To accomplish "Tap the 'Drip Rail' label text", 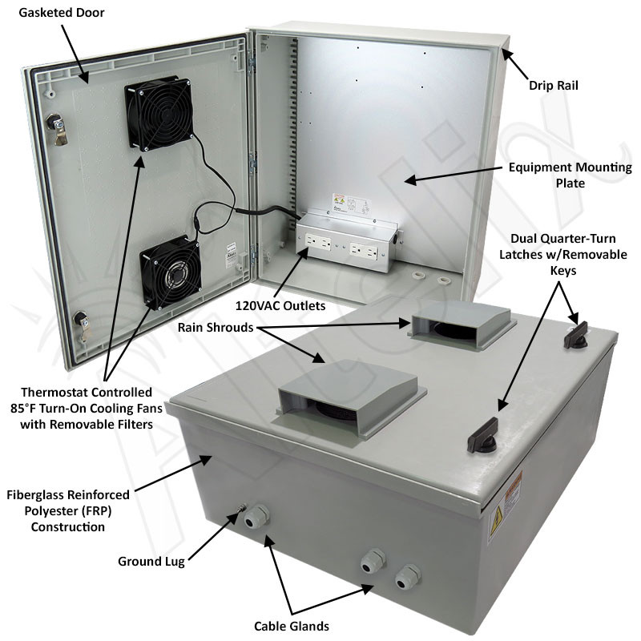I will click(x=556, y=84).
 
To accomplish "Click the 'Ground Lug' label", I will click(x=151, y=561).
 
